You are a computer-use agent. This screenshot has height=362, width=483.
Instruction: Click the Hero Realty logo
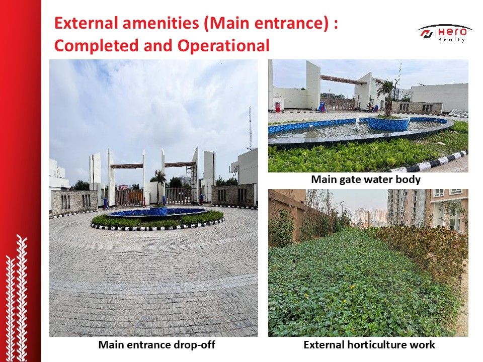tap(442, 33)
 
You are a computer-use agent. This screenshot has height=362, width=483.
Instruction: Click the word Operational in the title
tap(223, 46)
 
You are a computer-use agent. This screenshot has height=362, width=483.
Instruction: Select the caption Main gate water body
tap(366, 179)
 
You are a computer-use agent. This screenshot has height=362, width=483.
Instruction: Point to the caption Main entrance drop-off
tap(156, 345)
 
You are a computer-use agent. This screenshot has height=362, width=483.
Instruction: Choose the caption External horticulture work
tap(369, 345)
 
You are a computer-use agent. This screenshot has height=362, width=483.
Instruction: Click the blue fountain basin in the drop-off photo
tap(157, 212)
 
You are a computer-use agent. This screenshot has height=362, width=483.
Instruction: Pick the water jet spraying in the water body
tap(357, 124)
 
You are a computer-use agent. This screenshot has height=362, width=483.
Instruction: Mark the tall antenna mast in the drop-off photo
tap(250, 128)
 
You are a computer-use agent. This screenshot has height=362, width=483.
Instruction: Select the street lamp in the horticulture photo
tap(342, 212)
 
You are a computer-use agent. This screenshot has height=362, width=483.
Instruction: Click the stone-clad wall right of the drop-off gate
tap(233, 195)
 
